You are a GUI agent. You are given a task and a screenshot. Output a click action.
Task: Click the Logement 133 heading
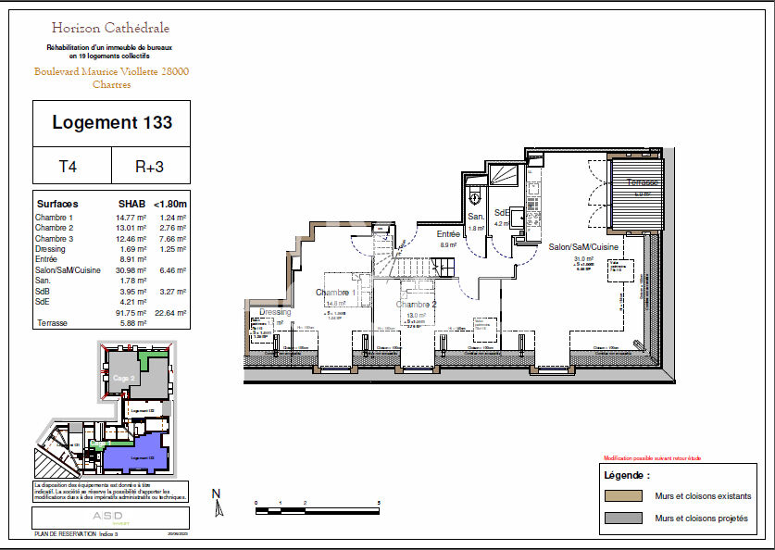coord(112,122)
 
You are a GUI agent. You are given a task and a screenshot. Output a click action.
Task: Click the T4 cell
coord(68,168)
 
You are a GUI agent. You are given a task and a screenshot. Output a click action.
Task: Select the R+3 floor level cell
coord(149,168)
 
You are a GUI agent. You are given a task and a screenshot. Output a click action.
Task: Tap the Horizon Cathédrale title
coord(111,29)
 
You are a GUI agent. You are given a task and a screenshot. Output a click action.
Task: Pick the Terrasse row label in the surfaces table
coord(52,323)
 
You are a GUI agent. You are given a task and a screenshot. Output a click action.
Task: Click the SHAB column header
coord(131,204)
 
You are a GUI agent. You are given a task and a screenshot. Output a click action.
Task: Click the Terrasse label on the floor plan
coord(642,182)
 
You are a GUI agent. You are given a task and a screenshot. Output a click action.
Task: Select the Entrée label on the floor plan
coord(448,234)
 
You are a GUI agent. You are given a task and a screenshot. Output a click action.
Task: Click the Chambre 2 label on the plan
coord(416,304)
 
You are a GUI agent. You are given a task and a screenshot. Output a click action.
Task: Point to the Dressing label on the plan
coord(275,312)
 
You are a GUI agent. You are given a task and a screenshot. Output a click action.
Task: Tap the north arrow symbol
coord(218,506)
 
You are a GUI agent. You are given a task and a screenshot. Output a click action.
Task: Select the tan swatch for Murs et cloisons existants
coord(624,495)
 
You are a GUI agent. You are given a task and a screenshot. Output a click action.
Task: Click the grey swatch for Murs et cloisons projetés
coord(624,518)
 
